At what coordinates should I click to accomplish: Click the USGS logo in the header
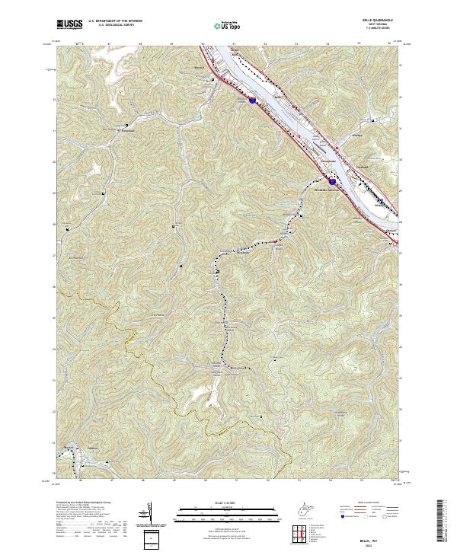pyautogui.click(x=69, y=24)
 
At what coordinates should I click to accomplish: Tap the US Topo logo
pyautogui.click(x=228, y=25)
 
